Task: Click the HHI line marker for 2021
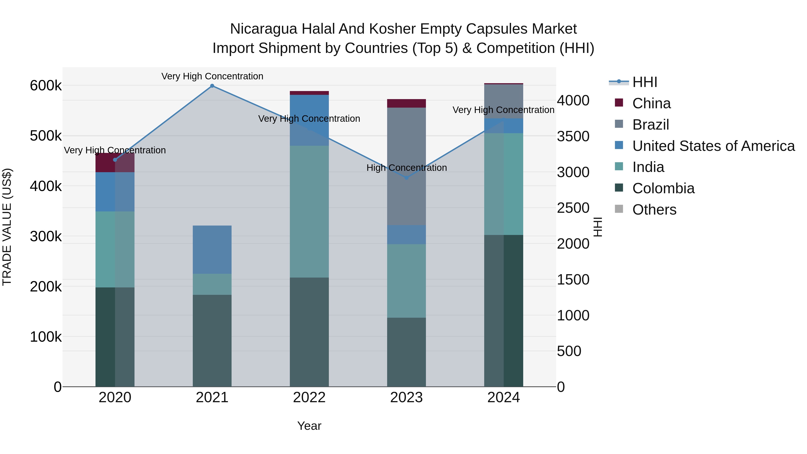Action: [212, 86]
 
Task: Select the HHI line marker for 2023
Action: [406, 178]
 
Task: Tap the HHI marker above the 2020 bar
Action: [115, 160]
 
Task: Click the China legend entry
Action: [651, 103]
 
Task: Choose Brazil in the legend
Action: [650, 125]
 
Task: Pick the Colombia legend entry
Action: [663, 188]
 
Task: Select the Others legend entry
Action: [654, 210]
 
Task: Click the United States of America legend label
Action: [713, 146]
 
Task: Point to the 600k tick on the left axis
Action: [46, 86]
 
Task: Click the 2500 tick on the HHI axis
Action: [573, 208]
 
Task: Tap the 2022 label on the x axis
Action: [309, 398]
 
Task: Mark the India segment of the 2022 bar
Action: [309, 211]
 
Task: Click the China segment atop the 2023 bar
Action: [406, 103]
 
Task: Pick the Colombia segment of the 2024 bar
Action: [503, 310]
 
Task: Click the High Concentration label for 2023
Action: [406, 168]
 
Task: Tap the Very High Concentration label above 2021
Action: [212, 76]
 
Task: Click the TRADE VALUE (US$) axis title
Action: [7, 227]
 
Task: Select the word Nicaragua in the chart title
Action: [263, 29]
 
